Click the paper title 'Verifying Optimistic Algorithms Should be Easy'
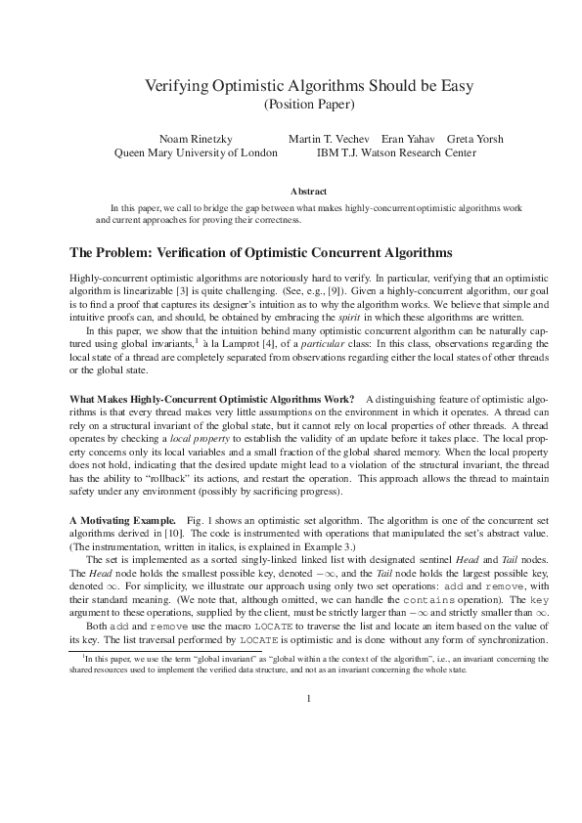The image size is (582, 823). (309, 86)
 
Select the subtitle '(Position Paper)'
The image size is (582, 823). (309, 104)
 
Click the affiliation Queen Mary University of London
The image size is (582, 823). (196, 152)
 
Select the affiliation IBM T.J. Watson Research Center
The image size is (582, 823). (396, 152)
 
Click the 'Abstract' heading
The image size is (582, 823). (309, 192)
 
